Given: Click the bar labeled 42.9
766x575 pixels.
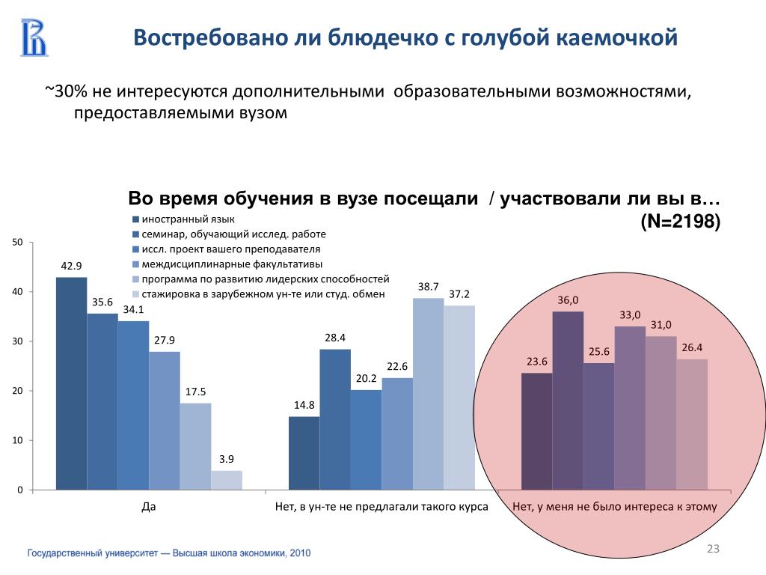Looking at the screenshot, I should click(x=71, y=383).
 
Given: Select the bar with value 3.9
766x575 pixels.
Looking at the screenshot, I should click(x=226, y=480).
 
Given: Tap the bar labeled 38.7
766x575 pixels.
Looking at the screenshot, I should click(x=428, y=394).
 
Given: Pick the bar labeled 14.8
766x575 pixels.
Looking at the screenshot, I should click(x=304, y=453).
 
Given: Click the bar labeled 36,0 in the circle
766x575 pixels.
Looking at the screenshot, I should click(x=568, y=401).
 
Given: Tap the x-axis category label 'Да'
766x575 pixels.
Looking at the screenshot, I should click(x=149, y=507).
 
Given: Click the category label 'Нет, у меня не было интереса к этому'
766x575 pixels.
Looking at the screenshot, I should click(x=615, y=507).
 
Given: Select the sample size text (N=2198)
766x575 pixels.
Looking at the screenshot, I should click(x=680, y=222).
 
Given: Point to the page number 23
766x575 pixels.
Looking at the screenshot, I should click(x=713, y=551).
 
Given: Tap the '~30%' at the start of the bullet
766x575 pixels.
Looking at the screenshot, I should click(x=67, y=91).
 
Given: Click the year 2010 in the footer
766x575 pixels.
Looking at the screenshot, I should click(x=300, y=553).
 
